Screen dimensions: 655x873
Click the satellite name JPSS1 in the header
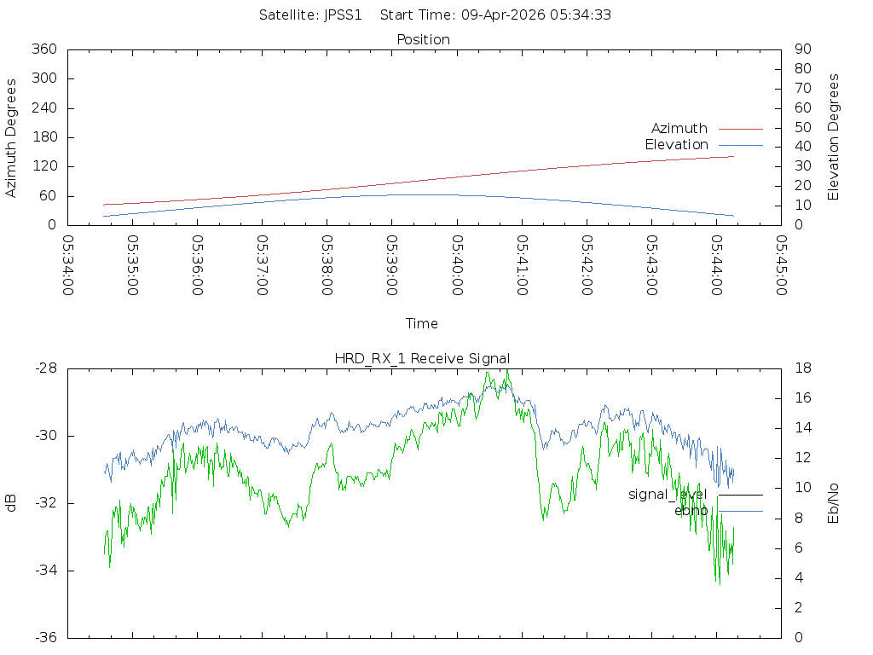tap(344, 14)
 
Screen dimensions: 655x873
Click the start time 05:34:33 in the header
tap(584, 14)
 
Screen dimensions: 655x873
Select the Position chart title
tap(423, 39)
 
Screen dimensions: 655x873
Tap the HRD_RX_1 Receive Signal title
tap(422, 358)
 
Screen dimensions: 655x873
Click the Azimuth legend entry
tap(679, 128)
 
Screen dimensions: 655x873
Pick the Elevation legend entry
tap(676, 144)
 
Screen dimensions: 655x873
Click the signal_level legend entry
tap(668, 494)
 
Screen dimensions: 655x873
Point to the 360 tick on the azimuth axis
tap(43, 49)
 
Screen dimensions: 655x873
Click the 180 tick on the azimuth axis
tap(43, 137)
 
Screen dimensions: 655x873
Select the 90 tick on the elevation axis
tap(801, 49)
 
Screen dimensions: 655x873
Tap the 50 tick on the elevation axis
tap(801, 128)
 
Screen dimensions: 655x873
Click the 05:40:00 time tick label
tap(457, 265)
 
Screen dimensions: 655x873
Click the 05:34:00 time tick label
tap(68, 265)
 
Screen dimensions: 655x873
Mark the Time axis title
tap(422, 323)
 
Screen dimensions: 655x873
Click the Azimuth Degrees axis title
tap(11, 137)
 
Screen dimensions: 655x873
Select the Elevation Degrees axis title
tap(834, 137)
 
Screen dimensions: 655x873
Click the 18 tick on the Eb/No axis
tap(803, 368)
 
